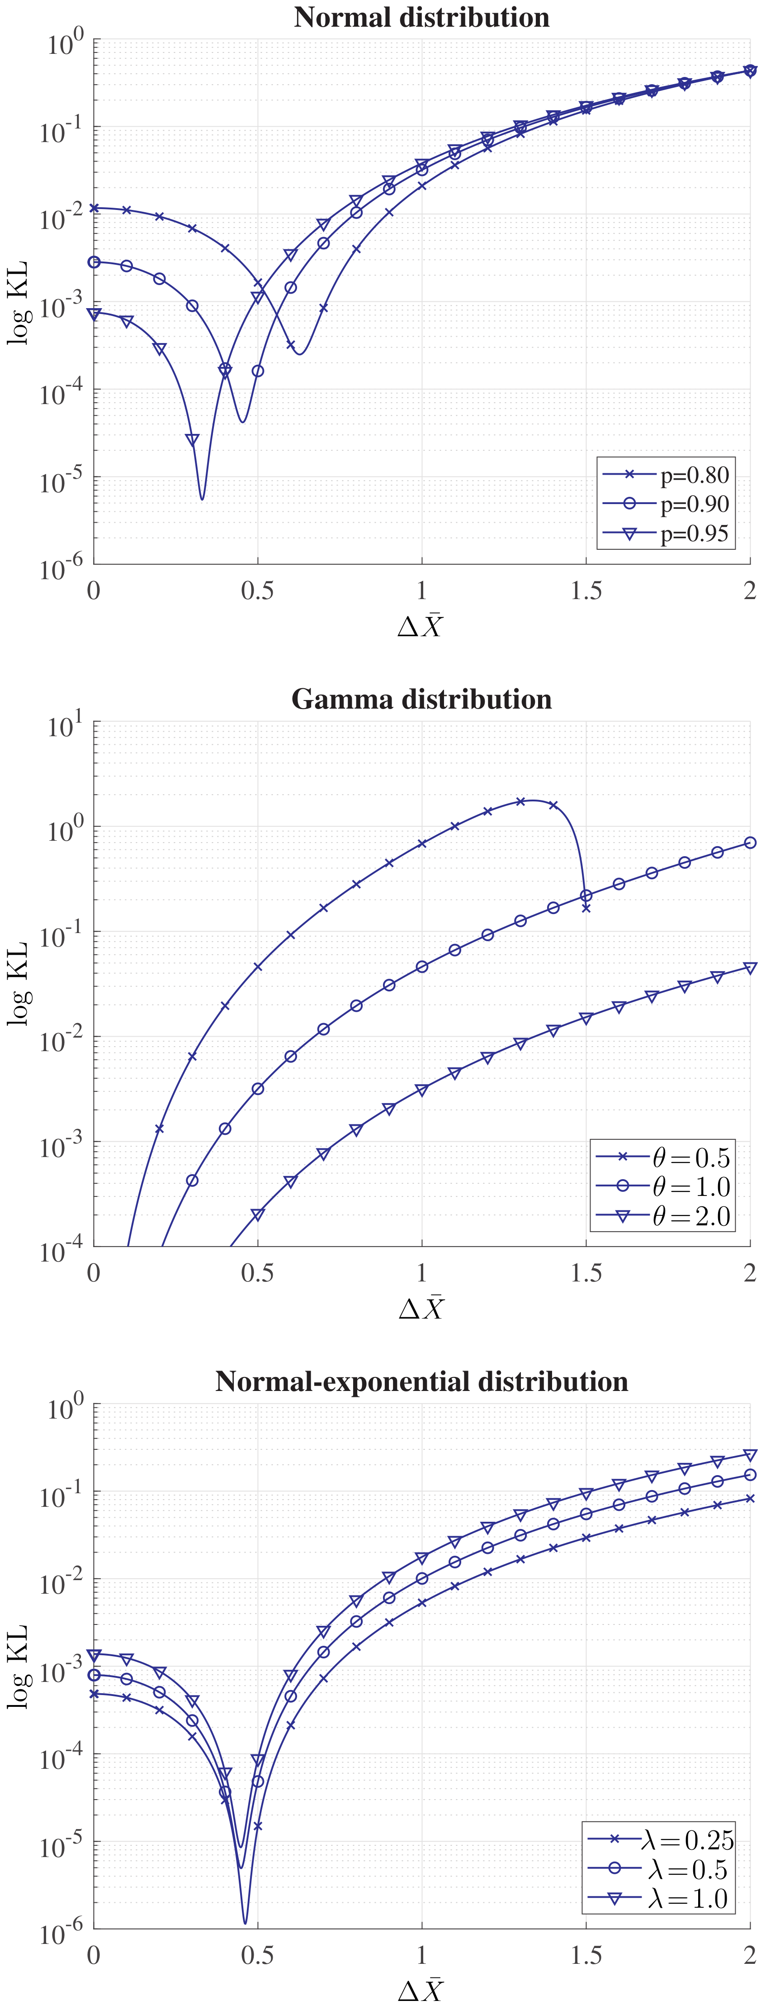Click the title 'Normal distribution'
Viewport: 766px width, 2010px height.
(x=421, y=17)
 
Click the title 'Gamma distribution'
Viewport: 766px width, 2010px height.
(x=421, y=699)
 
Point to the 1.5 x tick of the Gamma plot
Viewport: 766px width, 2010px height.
(x=586, y=1272)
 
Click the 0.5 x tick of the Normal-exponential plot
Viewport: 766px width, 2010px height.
(x=257, y=1955)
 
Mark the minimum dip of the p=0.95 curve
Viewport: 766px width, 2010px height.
(x=202, y=499)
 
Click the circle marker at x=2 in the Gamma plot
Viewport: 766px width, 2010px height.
(x=750, y=843)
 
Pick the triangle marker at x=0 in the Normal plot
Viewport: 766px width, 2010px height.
(x=94, y=314)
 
